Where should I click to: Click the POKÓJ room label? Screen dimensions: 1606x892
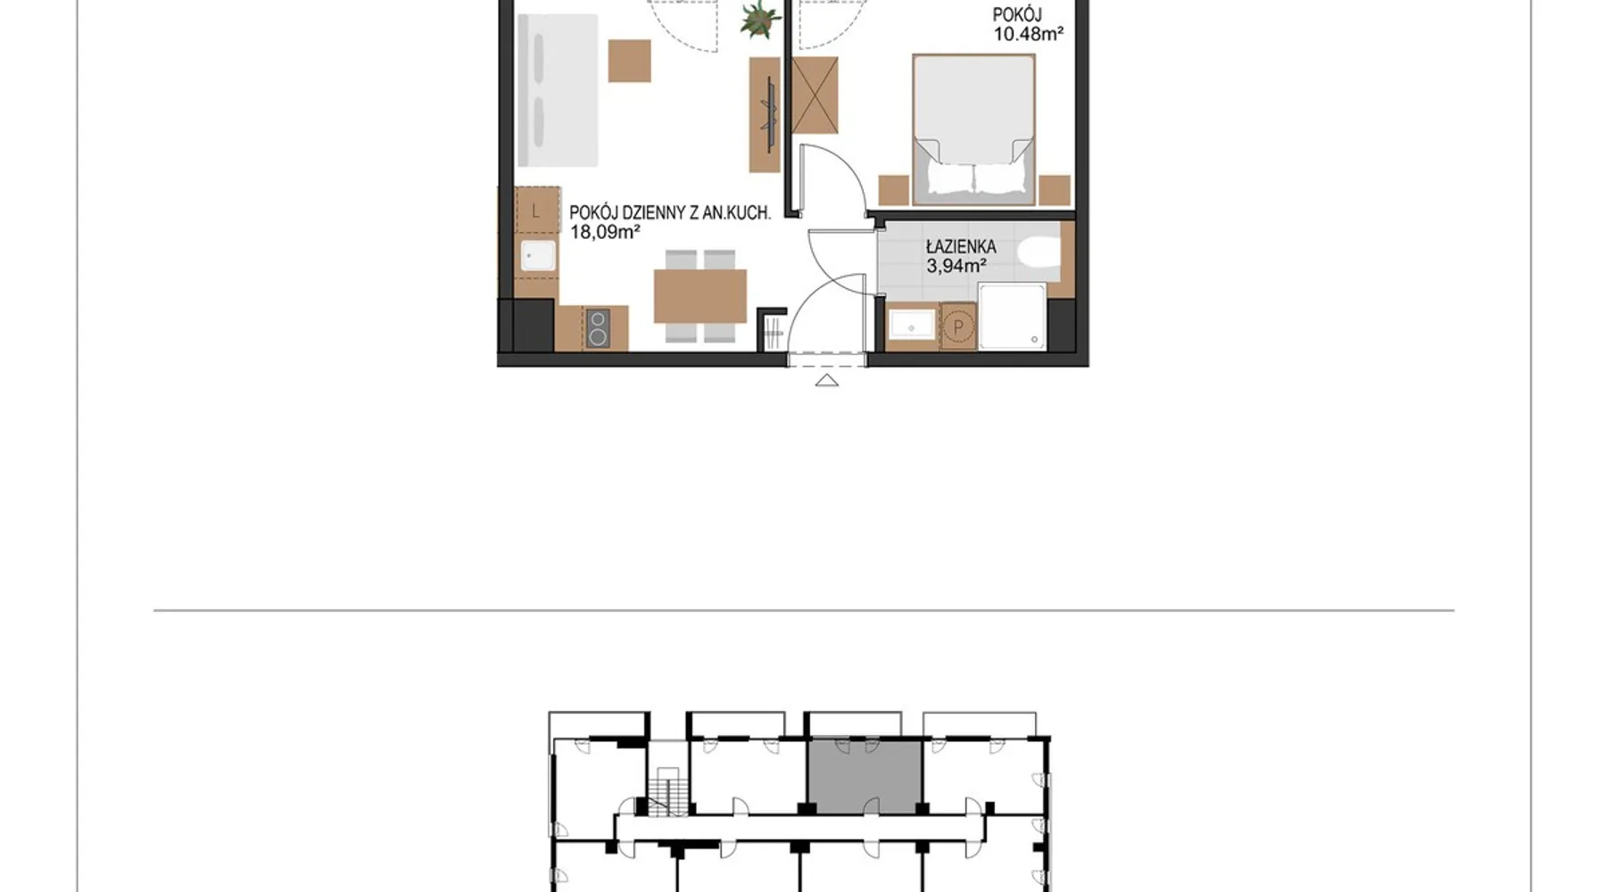1017,14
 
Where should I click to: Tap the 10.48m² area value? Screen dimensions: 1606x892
1029,34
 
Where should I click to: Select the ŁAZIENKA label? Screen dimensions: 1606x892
961,246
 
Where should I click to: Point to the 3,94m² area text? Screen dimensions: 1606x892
956,265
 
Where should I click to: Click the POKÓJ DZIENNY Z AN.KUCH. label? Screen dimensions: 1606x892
670,212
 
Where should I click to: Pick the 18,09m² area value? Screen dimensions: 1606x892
605,232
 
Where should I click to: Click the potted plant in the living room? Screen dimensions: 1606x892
759,19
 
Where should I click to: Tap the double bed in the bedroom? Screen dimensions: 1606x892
973,129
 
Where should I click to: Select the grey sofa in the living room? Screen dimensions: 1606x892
558,90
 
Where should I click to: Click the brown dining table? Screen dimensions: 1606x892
700,296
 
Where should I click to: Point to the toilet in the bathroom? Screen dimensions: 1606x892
1039,252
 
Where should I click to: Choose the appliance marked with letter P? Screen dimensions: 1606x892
958,326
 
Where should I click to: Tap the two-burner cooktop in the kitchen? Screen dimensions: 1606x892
598,327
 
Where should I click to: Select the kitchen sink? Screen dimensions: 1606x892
538,256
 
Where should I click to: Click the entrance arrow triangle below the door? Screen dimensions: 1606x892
827,381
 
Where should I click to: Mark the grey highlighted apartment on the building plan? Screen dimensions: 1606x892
865,775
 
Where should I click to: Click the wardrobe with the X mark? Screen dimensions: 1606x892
815,96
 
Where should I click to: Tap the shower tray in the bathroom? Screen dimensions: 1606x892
1013,317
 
